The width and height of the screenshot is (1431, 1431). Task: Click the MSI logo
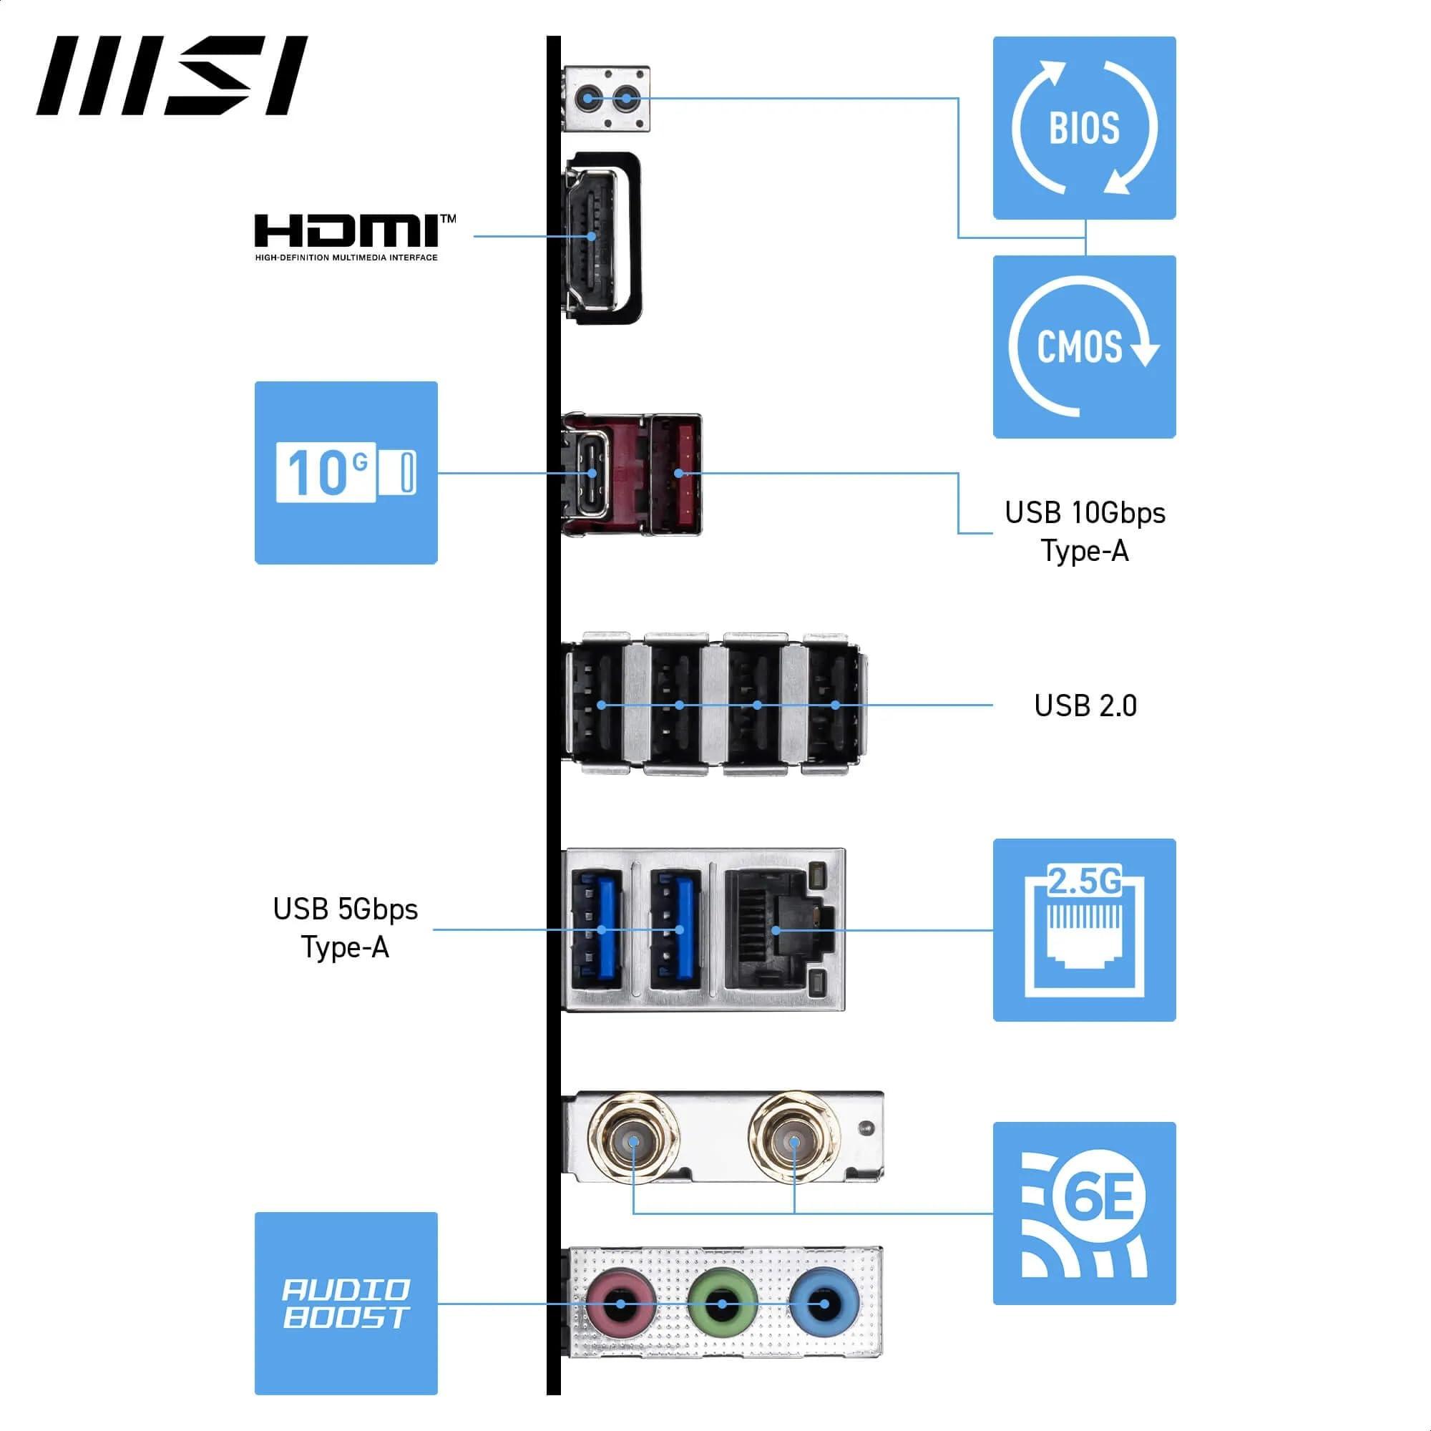tap(172, 76)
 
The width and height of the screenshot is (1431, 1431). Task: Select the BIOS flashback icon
tap(1083, 128)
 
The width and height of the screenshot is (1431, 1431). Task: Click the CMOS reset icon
tap(1083, 346)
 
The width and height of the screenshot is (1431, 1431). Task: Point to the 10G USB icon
tap(346, 472)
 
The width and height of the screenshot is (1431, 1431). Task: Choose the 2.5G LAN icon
tap(1083, 930)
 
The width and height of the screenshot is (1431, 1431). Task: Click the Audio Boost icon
tap(346, 1304)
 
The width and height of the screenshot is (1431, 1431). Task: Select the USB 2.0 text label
tap(1085, 706)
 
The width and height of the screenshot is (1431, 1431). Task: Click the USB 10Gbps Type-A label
tap(1085, 531)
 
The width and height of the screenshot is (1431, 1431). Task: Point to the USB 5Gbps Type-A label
tap(345, 928)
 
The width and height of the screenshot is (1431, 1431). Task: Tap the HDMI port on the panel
tap(592, 237)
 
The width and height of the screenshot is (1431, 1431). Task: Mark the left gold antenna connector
tap(633, 1142)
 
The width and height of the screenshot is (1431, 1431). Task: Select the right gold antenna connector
tap(793, 1142)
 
